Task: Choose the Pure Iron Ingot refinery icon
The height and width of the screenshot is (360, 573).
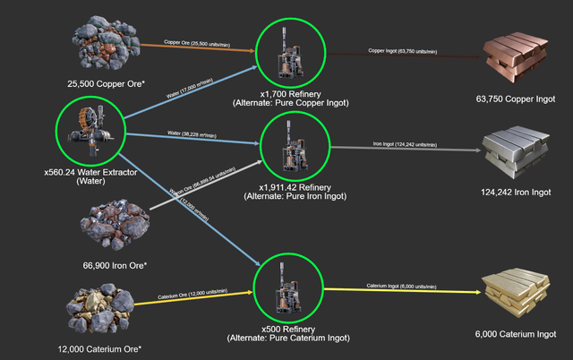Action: click(x=294, y=144)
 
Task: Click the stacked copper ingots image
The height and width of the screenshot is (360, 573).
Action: click(x=517, y=56)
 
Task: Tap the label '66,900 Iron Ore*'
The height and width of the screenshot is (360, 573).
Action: click(x=113, y=266)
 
